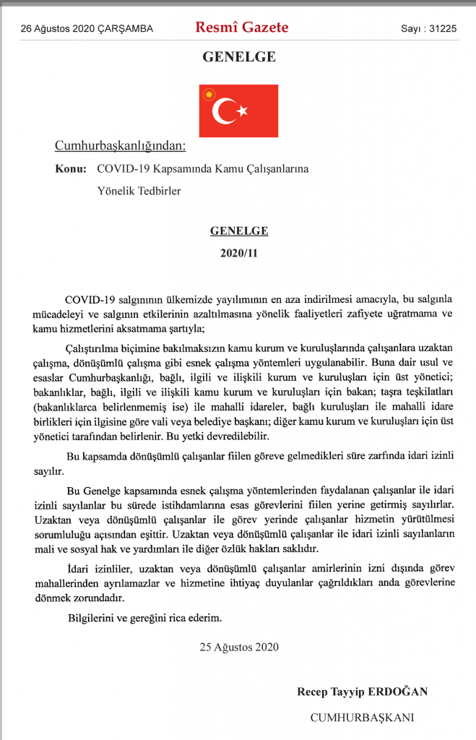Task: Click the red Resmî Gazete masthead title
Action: point(241,28)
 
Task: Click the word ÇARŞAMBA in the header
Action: point(129,29)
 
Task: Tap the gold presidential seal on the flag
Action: point(210,94)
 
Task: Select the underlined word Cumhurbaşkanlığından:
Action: point(121,146)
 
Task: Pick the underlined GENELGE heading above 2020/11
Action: point(239,231)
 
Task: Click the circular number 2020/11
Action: point(239,254)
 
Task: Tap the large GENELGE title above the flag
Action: point(238,56)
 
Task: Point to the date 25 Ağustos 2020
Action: point(239,647)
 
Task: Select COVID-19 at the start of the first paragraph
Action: point(90,299)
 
